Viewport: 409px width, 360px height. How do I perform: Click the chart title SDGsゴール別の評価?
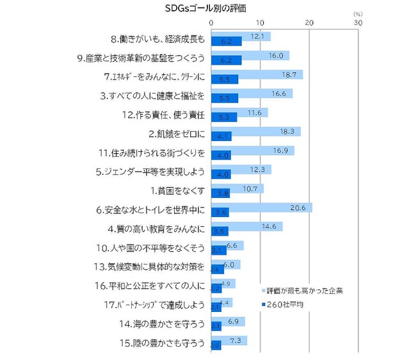click(x=204, y=8)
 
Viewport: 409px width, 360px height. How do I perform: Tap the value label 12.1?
click(x=258, y=37)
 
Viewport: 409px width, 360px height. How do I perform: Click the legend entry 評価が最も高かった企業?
click(x=305, y=290)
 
